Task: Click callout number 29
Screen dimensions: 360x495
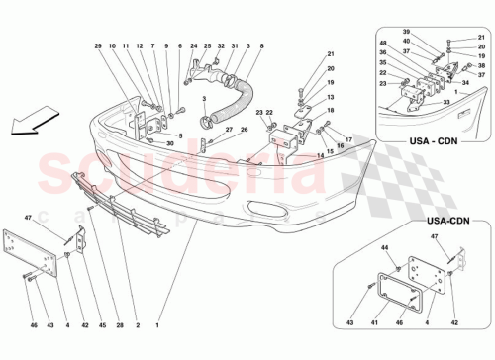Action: tap(99, 46)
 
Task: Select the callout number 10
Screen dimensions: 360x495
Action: tap(113, 46)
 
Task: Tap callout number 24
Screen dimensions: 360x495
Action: tap(194, 46)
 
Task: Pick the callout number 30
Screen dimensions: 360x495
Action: tap(170, 144)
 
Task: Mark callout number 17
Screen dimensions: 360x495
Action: tap(347, 139)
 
